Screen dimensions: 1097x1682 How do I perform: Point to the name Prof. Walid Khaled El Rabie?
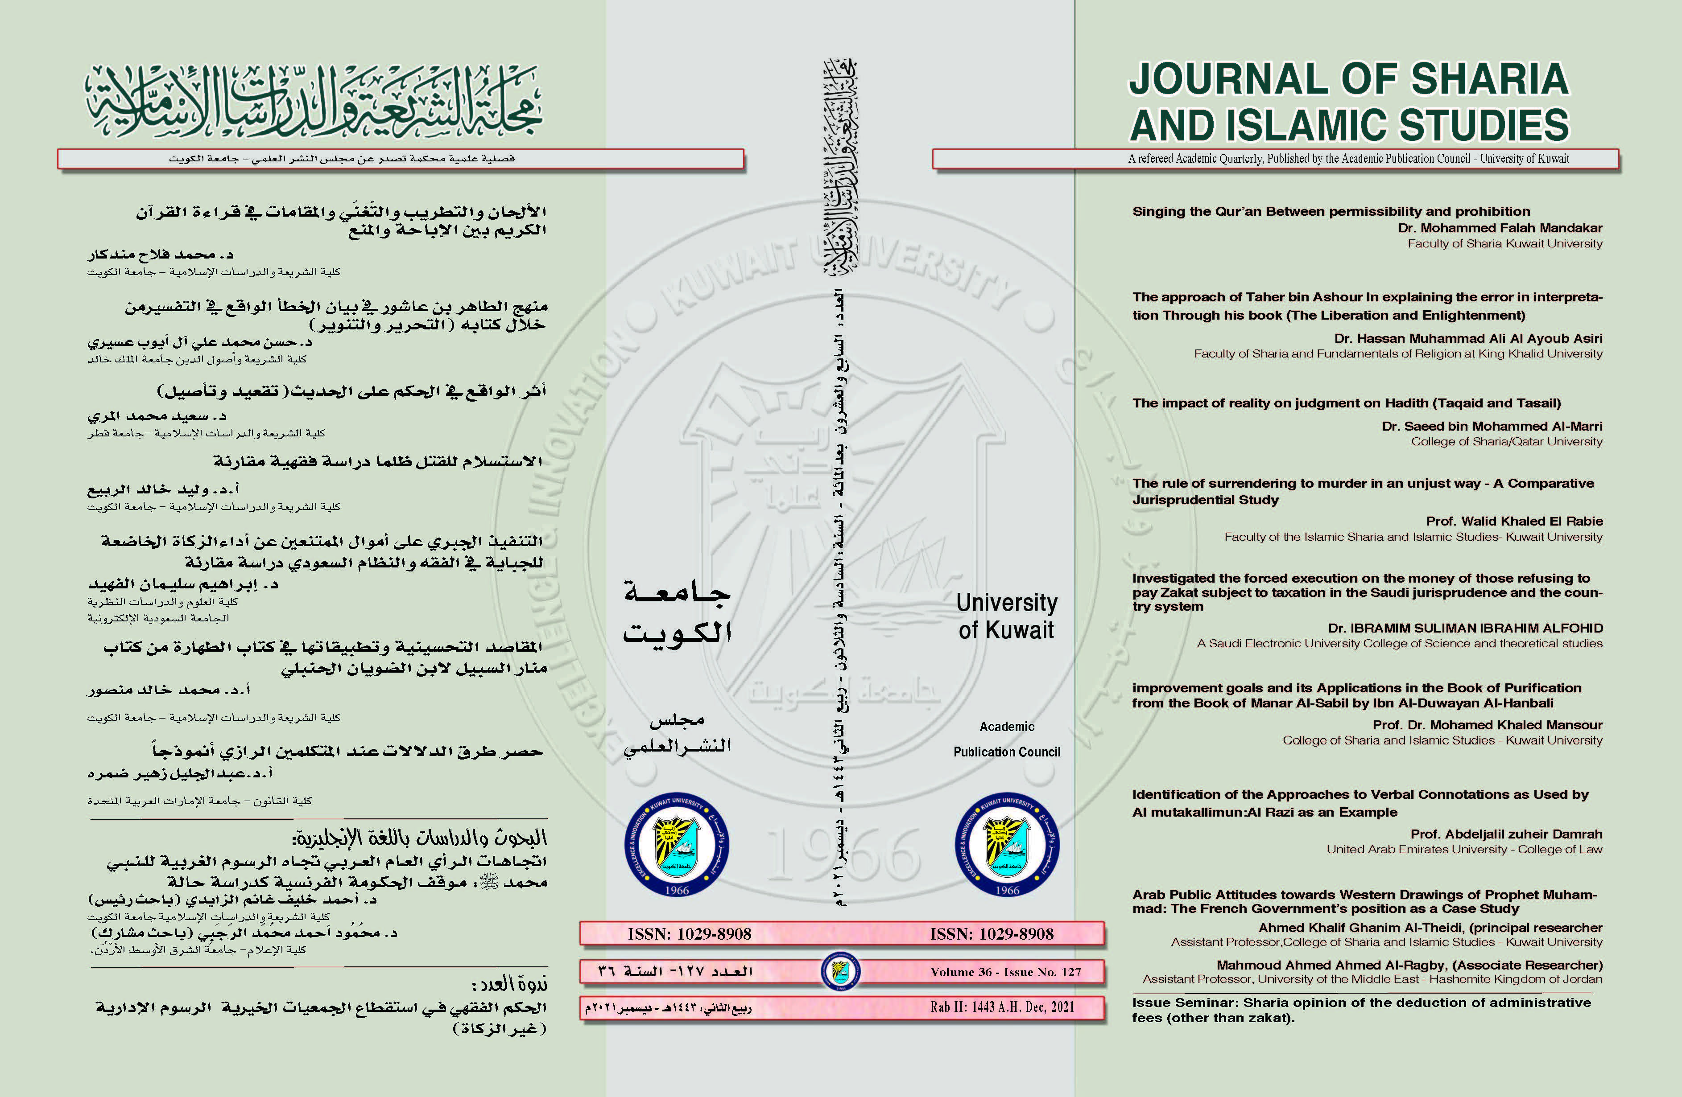(x=1514, y=521)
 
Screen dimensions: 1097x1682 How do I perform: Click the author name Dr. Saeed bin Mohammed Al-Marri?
(x=1492, y=426)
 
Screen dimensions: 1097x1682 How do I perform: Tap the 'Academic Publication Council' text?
(x=1006, y=739)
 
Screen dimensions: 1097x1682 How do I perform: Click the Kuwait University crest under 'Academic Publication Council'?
(x=1006, y=845)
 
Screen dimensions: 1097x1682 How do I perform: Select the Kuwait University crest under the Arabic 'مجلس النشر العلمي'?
(x=676, y=845)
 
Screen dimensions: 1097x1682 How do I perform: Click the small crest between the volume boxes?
(x=840, y=971)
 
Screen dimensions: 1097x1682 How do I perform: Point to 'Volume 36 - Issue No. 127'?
(x=1006, y=972)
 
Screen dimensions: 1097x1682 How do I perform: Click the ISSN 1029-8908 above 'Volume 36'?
(x=992, y=934)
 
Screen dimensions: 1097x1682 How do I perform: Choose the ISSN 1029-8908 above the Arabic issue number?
(x=689, y=934)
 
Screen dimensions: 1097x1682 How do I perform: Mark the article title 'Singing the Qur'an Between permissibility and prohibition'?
(x=1331, y=211)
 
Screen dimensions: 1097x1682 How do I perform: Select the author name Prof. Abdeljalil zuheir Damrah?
(x=1506, y=834)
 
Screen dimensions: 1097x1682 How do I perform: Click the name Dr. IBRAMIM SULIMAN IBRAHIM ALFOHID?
(x=1465, y=628)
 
